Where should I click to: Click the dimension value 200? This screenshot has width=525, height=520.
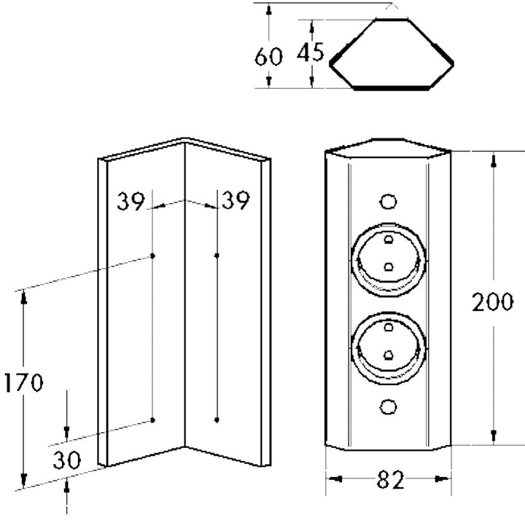click(492, 302)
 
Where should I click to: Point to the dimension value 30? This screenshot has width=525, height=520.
click(66, 460)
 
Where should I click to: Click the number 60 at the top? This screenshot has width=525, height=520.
click(268, 56)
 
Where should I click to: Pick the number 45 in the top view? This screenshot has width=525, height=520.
click(311, 52)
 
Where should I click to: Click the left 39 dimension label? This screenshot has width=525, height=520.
click(131, 200)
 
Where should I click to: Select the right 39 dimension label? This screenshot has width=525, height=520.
click(234, 200)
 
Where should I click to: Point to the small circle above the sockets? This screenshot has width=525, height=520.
click(389, 201)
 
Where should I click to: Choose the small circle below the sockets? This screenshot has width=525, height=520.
click(389, 405)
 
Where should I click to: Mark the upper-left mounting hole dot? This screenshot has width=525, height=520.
click(153, 256)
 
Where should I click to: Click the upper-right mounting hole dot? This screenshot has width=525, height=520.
click(217, 255)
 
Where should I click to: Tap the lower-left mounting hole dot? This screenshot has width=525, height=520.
click(154, 420)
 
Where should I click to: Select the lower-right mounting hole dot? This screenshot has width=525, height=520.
click(217, 419)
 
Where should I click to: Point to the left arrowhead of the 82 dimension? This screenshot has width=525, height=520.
click(331, 479)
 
